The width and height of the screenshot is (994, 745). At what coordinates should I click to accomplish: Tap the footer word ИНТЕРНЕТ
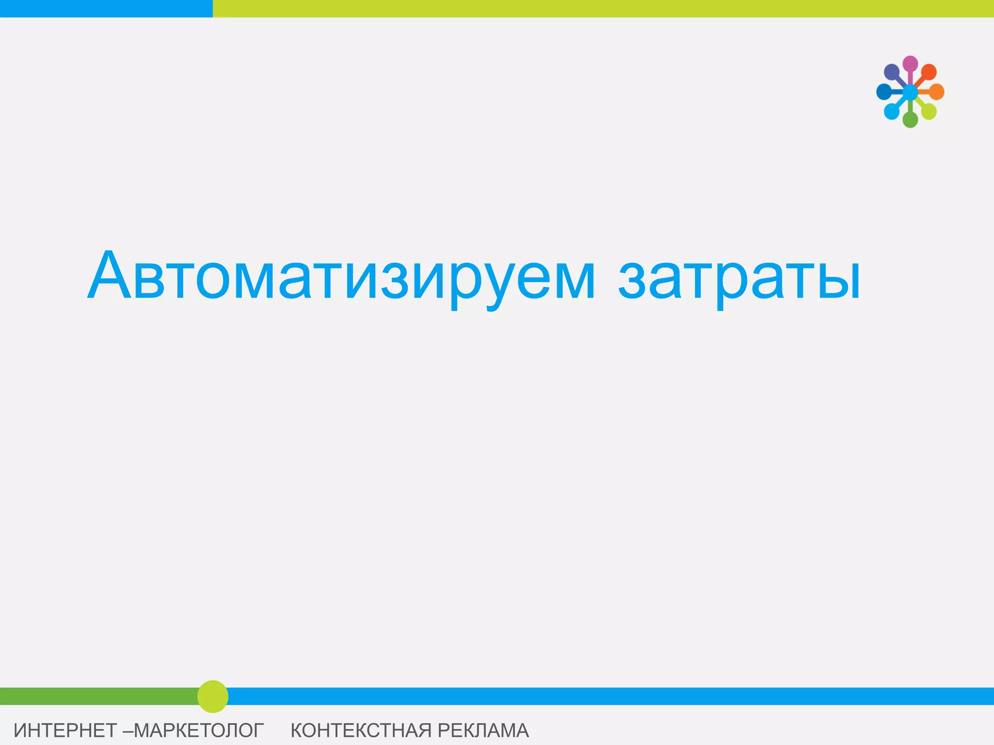pyautogui.click(x=65, y=730)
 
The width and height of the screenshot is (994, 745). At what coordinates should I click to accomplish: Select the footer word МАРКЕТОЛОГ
pyautogui.click(x=199, y=730)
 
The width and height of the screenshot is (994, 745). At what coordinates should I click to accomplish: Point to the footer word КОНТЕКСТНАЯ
pyautogui.click(x=361, y=730)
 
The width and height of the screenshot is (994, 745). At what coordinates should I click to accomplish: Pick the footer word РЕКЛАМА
pyautogui.click(x=483, y=730)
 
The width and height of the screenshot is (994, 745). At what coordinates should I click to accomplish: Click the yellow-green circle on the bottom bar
pyautogui.click(x=213, y=696)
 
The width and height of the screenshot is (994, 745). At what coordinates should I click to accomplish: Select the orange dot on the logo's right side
pyautogui.click(x=936, y=92)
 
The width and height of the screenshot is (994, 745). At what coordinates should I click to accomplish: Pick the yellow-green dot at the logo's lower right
pyautogui.click(x=928, y=111)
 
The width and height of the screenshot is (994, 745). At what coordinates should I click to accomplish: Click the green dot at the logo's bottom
pyautogui.click(x=910, y=119)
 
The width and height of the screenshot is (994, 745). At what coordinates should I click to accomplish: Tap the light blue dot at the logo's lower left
pyautogui.click(x=892, y=111)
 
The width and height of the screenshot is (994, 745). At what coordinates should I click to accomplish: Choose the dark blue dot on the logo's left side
pyautogui.click(x=884, y=92)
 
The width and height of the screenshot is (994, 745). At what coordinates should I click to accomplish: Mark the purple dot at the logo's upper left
pyautogui.click(x=892, y=72)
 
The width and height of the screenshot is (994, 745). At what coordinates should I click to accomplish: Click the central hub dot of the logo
pyautogui.click(x=910, y=92)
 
